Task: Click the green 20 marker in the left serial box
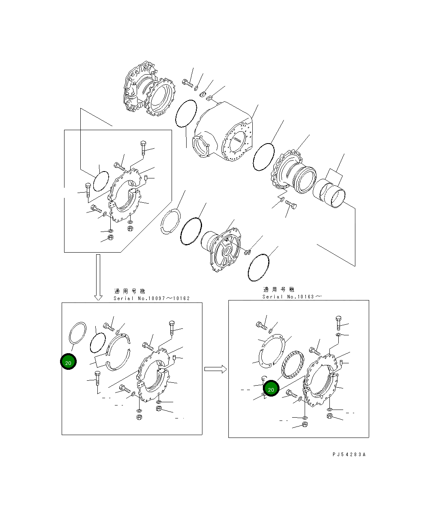point(68,363)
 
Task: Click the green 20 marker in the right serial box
point(271,389)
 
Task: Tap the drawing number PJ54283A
point(349,455)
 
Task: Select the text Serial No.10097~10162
point(152,298)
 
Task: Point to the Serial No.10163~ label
point(292,296)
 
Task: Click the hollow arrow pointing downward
point(98,278)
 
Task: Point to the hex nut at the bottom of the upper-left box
point(110,238)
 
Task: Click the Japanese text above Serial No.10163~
point(279,290)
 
